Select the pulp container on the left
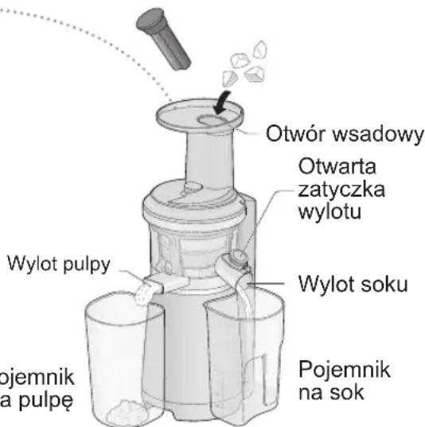tap(119, 358)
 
